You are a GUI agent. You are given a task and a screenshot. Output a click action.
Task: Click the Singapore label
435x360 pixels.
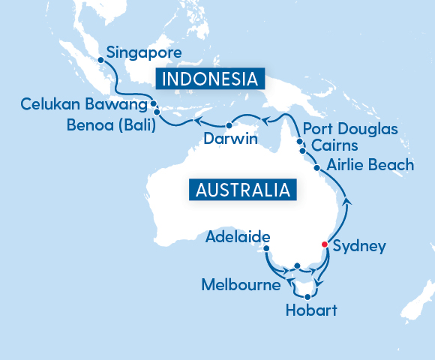(144, 53)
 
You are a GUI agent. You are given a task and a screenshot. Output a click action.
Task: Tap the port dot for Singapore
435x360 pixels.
(100, 58)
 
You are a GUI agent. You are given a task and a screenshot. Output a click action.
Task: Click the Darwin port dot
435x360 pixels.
(228, 125)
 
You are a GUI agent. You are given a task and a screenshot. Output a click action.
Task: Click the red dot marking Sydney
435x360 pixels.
(324, 244)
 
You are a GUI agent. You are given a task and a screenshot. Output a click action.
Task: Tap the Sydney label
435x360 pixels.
(358, 246)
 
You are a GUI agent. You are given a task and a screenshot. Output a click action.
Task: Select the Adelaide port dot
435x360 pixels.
(266, 251)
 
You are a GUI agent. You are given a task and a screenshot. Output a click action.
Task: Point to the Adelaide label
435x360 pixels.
(237, 238)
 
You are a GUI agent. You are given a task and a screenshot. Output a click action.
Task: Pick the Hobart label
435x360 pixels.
(311, 310)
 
